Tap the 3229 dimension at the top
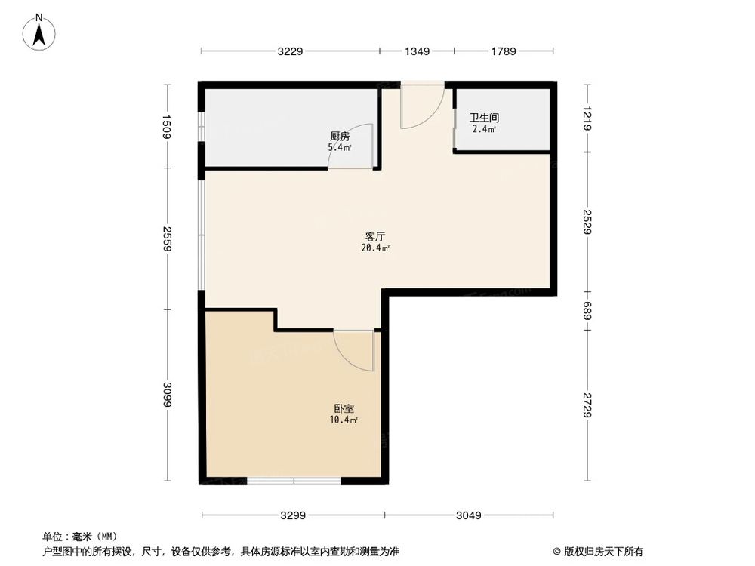pyautogui.click(x=290, y=51)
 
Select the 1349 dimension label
pyautogui.click(x=417, y=51)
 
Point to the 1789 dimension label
pyautogui.click(x=503, y=51)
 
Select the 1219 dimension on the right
pyautogui.click(x=588, y=119)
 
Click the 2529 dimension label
pyautogui.click(x=588, y=220)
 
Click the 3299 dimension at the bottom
pyautogui.click(x=293, y=516)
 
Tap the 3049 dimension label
pyautogui.click(x=470, y=516)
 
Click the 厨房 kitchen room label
pyautogui.click(x=339, y=137)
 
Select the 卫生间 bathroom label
pyautogui.click(x=483, y=118)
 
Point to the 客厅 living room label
pyautogui.click(x=375, y=235)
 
